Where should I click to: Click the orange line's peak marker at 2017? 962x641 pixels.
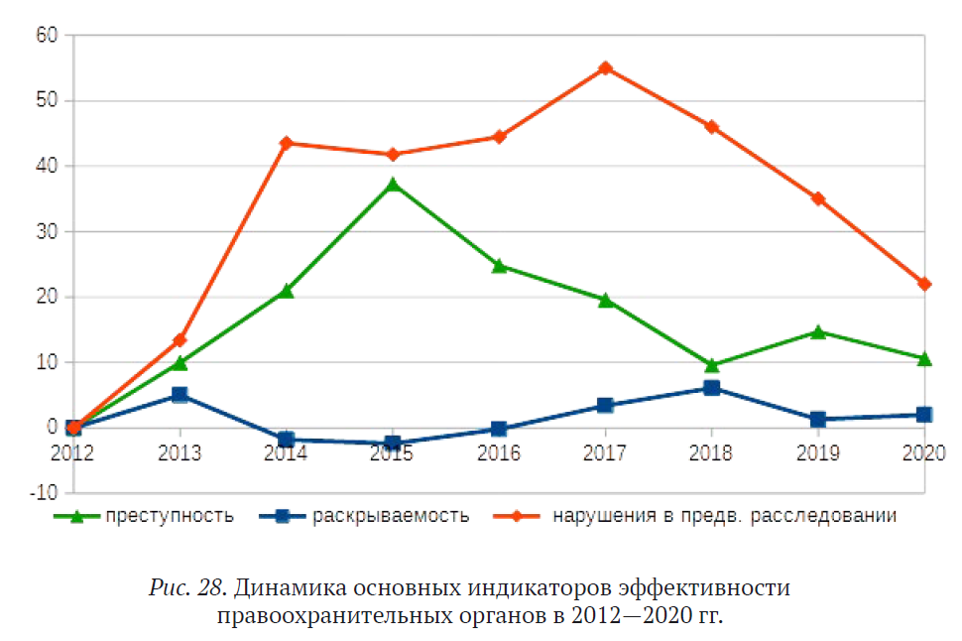coord(605,68)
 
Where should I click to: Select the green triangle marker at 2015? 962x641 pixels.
coord(393,185)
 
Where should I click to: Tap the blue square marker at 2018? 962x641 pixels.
coord(711,388)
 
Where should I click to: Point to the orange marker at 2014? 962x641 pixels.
coord(287,143)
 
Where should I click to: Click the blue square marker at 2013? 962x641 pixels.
coord(180,395)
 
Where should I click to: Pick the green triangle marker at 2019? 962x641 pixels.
coord(818,332)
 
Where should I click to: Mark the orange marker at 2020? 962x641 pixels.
coord(924,284)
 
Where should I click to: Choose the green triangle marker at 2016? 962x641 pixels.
coord(499,266)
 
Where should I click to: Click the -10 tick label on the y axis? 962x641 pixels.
coord(44,493)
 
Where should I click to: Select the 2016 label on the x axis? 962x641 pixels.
coord(499,453)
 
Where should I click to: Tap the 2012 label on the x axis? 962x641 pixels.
coord(72,453)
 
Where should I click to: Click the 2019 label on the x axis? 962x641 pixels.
coord(818,453)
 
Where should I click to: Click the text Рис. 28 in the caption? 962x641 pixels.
coord(188,587)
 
